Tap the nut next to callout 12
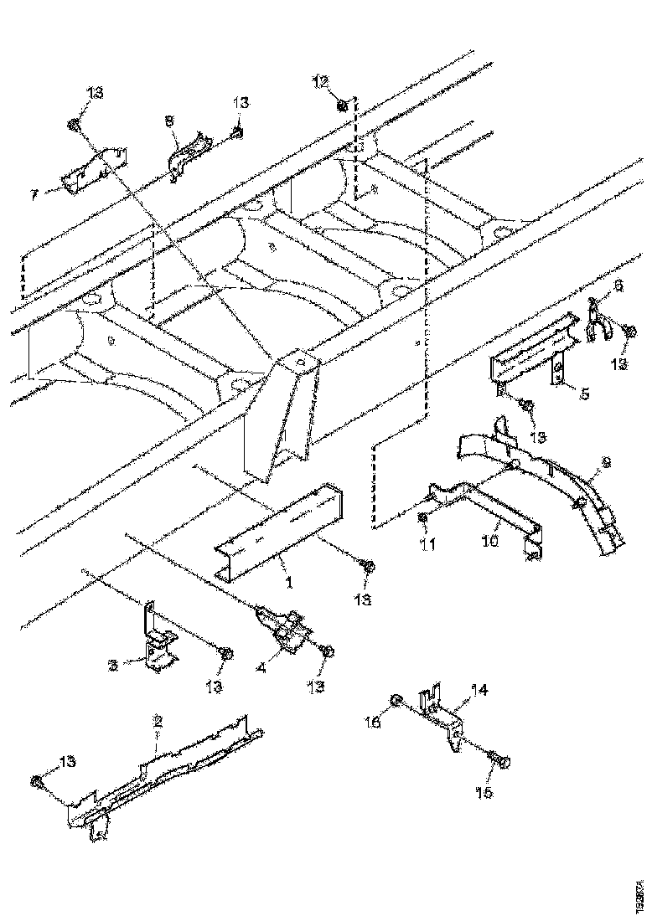344,105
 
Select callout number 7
34,194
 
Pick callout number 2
156,718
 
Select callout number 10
489,542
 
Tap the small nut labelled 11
423,518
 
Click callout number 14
478,690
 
